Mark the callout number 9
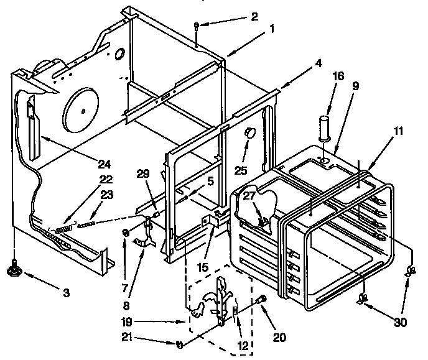[x=355, y=87]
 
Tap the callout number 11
[x=398, y=131]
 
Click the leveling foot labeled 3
[x=13, y=270]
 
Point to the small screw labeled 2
[x=196, y=25]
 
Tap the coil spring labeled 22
[x=63, y=228]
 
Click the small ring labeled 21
[x=179, y=344]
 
